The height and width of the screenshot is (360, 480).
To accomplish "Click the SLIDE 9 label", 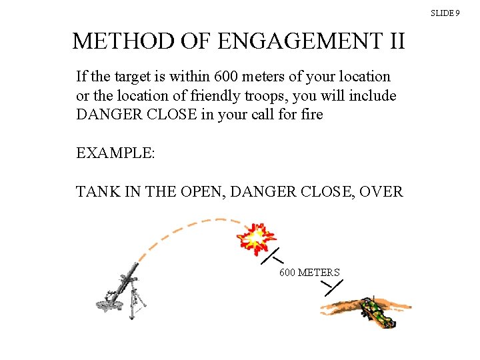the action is (445, 13).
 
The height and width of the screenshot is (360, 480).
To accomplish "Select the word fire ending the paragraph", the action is (311, 115).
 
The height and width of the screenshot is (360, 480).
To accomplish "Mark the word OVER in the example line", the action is (381, 192).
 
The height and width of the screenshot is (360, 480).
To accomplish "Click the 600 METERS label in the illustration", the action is (309, 273).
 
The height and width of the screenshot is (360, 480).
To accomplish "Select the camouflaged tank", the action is (375, 311).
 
